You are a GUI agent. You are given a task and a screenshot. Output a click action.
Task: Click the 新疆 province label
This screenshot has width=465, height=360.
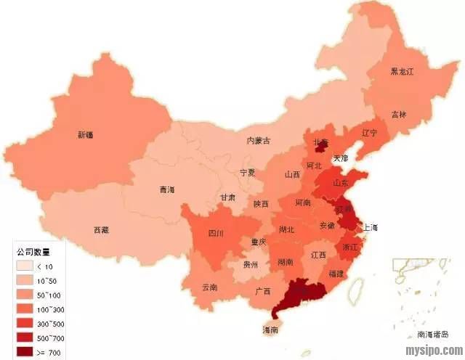86,134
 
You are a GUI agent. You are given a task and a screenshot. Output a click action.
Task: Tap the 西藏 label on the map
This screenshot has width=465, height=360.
101,230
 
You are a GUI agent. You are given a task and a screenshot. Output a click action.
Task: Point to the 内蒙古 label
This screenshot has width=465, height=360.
259,140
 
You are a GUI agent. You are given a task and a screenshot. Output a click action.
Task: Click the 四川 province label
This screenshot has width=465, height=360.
216,233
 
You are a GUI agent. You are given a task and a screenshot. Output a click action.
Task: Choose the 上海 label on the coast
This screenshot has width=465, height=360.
371,227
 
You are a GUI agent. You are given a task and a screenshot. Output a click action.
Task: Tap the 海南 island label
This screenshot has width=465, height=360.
270,330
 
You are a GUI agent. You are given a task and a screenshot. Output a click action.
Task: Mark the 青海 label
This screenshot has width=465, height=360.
167,189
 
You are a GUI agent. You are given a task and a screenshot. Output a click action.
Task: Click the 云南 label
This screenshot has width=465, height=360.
209,287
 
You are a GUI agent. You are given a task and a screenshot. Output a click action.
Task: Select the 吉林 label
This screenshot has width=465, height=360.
399,114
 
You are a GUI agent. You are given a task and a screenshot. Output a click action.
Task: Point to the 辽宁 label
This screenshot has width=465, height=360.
370,133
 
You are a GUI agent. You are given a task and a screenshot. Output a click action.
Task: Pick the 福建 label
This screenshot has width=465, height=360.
336,274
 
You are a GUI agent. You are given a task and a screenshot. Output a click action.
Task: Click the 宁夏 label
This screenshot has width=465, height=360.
248,173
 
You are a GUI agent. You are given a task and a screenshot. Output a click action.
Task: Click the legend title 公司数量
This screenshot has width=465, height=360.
33,252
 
